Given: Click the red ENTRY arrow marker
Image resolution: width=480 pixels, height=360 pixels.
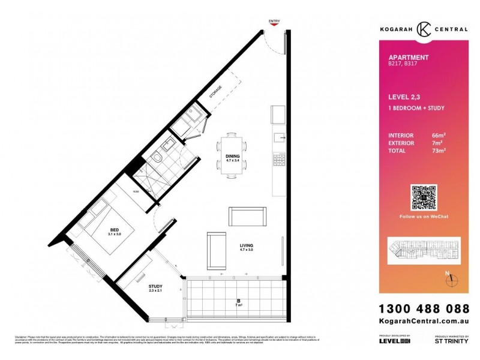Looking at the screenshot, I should (x=274, y=26).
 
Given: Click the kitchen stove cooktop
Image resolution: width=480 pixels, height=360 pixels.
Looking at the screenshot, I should (x=279, y=160).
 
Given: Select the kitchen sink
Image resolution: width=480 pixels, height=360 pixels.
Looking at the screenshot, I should (x=279, y=138).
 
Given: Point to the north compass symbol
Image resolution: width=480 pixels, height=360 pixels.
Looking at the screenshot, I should (x=452, y=279).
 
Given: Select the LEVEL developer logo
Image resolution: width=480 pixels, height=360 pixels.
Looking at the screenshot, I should (x=394, y=341).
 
